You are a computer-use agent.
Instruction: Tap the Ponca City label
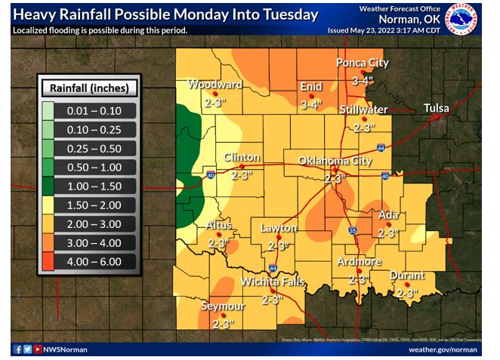(x=363, y=63)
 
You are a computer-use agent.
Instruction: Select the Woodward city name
(x=215, y=84)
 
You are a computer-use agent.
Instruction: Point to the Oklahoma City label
(x=335, y=161)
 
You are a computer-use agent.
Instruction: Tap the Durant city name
(x=407, y=275)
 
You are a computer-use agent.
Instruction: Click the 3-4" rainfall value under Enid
(x=310, y=104)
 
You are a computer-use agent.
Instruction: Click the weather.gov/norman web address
(x=443, y=349)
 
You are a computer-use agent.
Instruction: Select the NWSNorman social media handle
(x=66, y=349)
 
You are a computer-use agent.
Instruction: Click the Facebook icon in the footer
(x=17, y=349)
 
